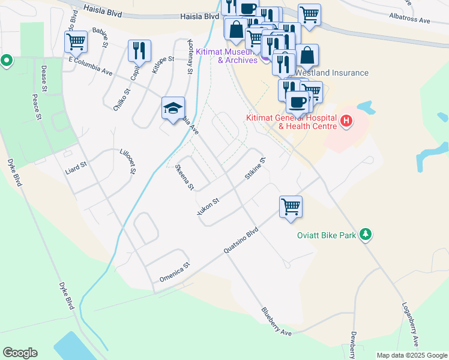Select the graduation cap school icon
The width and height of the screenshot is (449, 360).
pos(172,108)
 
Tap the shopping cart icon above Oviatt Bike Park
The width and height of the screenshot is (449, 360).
pos(291,206)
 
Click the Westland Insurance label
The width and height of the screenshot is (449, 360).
pos(340,73)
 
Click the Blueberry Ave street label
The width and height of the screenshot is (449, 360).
pos(276,322)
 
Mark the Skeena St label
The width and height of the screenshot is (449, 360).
pos(184,177)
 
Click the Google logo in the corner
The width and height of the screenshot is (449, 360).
pos(20,353)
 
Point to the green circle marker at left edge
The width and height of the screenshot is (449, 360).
pos(7,61)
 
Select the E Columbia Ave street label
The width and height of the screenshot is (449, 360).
pos(91,67)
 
